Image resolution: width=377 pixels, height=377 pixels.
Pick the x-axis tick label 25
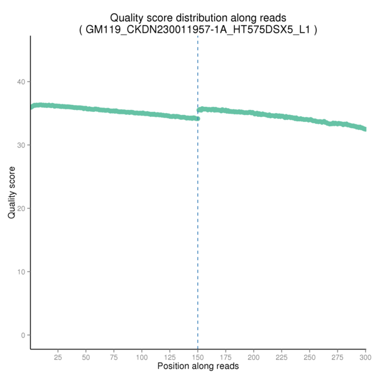coord(58,356)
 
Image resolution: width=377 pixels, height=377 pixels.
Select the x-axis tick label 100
coord(142,356)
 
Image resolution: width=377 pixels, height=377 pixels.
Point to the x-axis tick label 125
coord(170,356)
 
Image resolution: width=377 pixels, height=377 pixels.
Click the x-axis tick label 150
coord(198,356)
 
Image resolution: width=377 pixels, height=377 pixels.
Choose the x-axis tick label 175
coord(226,356)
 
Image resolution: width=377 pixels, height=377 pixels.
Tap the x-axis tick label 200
coord(254,356)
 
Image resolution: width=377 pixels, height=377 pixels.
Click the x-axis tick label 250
coord(310,356)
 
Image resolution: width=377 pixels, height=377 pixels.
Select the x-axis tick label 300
coord(364,356)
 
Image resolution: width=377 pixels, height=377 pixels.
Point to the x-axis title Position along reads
coord(198,366)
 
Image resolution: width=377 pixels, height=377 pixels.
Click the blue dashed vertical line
coord(198,251)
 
